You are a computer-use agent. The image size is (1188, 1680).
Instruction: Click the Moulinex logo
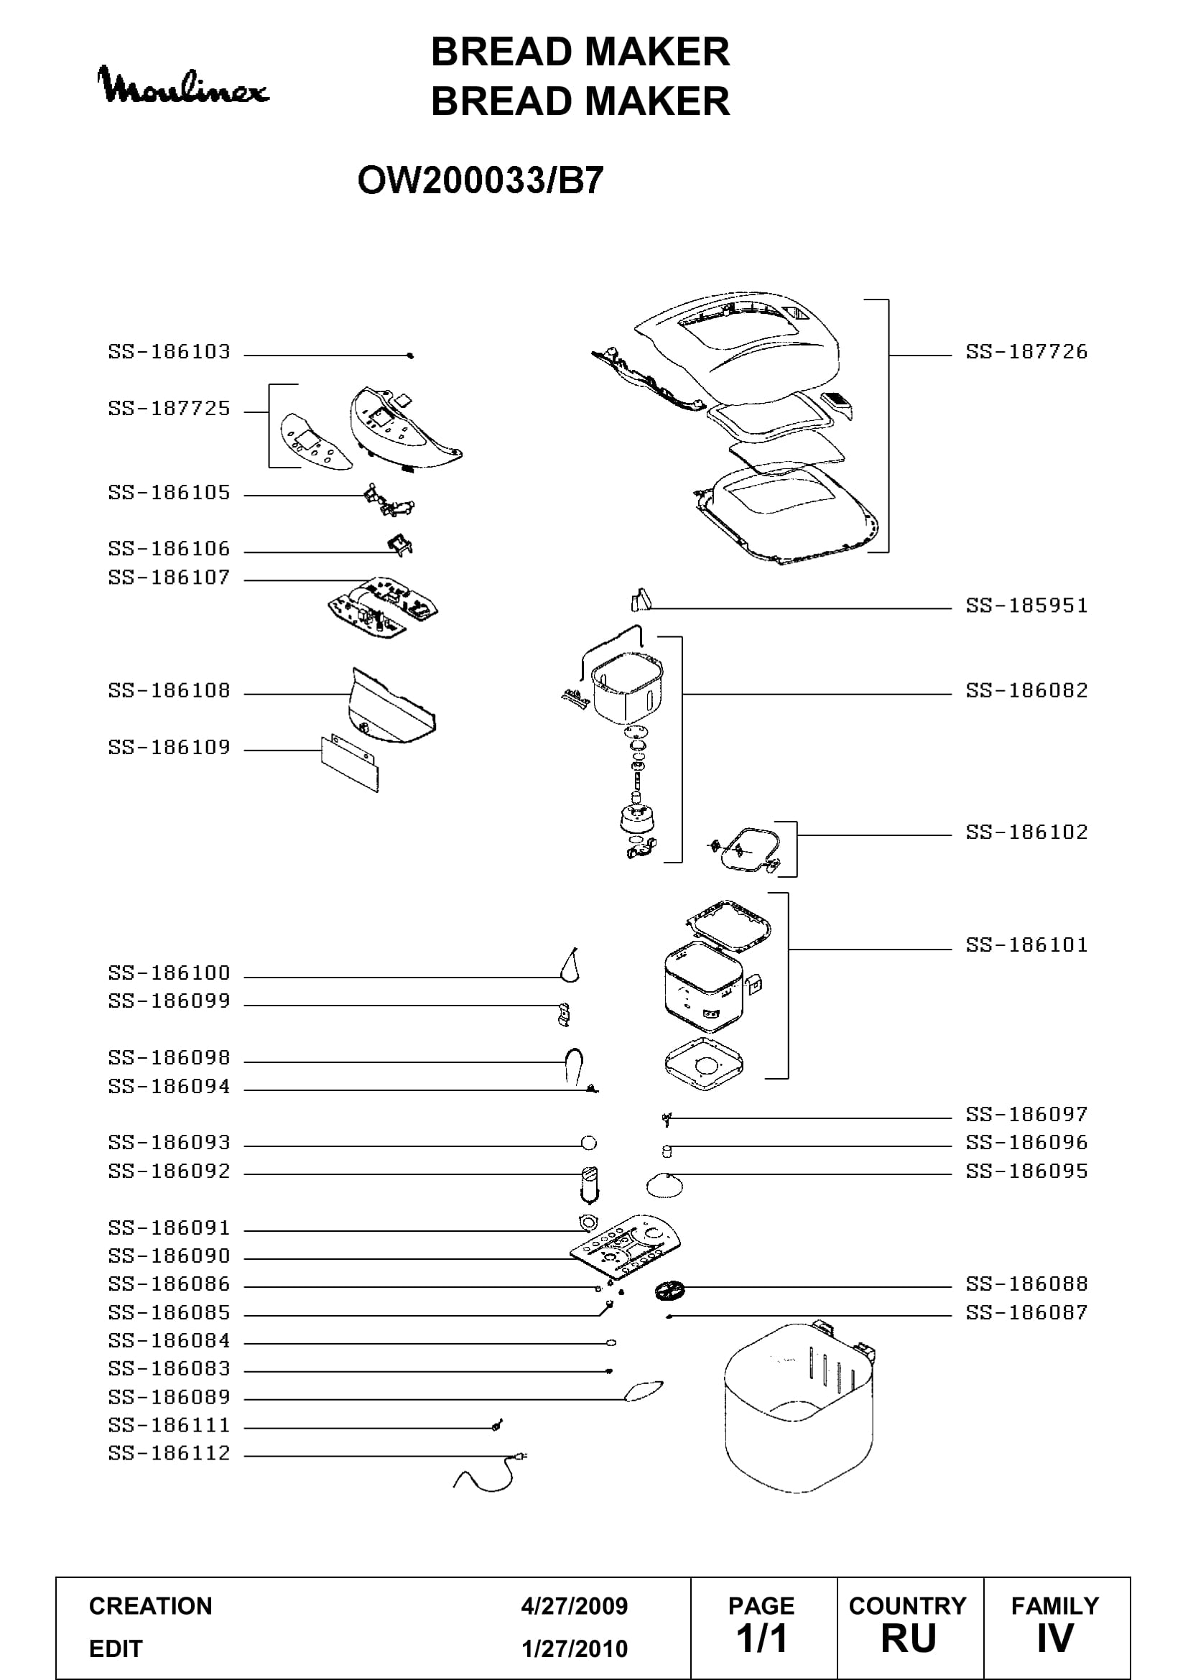183,84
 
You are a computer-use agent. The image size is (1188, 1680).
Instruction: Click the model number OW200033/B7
481,180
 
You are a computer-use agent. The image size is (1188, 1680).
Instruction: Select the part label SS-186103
169,352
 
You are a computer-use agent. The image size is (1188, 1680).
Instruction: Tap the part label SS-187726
1026,352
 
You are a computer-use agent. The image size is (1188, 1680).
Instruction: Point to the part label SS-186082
1026,691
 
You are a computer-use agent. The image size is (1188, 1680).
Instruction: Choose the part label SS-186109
169,747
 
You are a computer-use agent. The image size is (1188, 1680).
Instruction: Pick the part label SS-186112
169,1453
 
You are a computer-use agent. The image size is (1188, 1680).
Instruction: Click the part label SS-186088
1026,1284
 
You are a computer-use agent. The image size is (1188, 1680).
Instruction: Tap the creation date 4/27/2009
575,1606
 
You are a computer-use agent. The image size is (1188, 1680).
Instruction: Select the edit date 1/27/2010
575,1648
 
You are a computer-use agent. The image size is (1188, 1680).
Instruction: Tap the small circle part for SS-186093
588,1143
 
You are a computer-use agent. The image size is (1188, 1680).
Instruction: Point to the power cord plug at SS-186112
520,1456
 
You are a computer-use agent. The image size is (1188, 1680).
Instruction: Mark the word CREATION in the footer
151,1606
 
